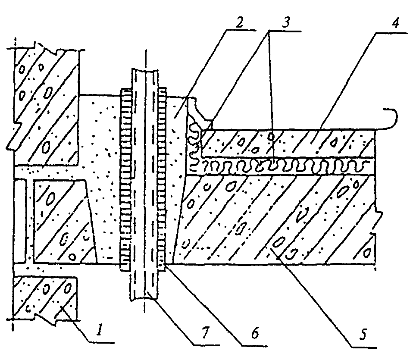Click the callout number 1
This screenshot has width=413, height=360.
click(99, 329)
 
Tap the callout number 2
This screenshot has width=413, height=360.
click(239, 23)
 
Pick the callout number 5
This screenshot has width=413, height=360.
click(363, 334)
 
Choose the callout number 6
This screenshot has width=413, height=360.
click(255, 333)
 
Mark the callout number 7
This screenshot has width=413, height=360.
click(205, 333)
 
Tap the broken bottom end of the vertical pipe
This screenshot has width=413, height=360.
click(144, 297)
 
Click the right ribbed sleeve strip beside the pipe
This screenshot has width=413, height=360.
click(162, 179)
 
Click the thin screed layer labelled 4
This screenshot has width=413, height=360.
click(288, 143)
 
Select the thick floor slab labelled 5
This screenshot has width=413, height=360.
click(277, 220)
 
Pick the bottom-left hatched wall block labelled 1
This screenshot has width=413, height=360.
click(45, 297)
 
